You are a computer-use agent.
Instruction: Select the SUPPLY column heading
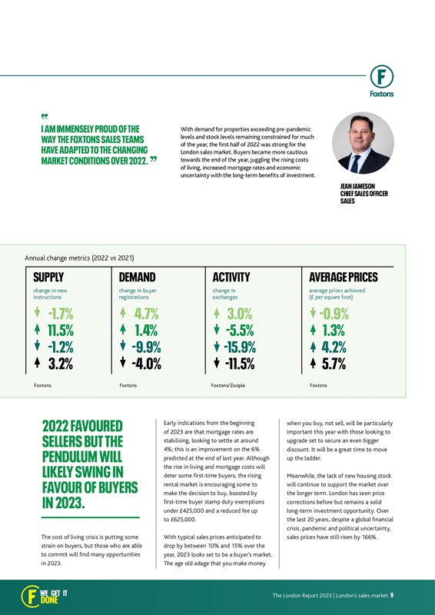[48, 277]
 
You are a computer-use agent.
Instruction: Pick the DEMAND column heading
[138, 277]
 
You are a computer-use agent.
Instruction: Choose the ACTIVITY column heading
[231, 277]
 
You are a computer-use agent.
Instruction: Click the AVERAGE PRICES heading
[343, 277]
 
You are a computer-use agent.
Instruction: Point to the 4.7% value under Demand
[145, 314]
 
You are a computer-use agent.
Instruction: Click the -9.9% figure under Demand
[144, 347]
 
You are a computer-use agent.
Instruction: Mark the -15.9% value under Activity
[240, 347]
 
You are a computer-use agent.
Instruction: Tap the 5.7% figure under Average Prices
[336, 364]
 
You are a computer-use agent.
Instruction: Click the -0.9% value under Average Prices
[336, 314]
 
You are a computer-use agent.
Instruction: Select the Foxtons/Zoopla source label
[227, 384]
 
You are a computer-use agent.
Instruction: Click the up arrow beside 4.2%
[314, 347]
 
